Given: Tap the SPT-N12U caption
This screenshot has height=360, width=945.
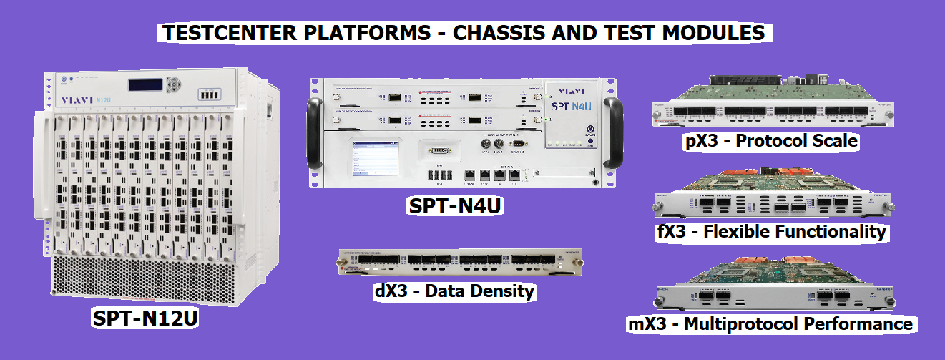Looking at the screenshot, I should (145, 318).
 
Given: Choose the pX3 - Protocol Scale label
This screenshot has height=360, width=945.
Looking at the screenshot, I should (769, 141).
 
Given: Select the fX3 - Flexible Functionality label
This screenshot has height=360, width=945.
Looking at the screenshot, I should (771, 232).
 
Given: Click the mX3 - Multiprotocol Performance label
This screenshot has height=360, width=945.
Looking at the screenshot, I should (770, 324).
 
